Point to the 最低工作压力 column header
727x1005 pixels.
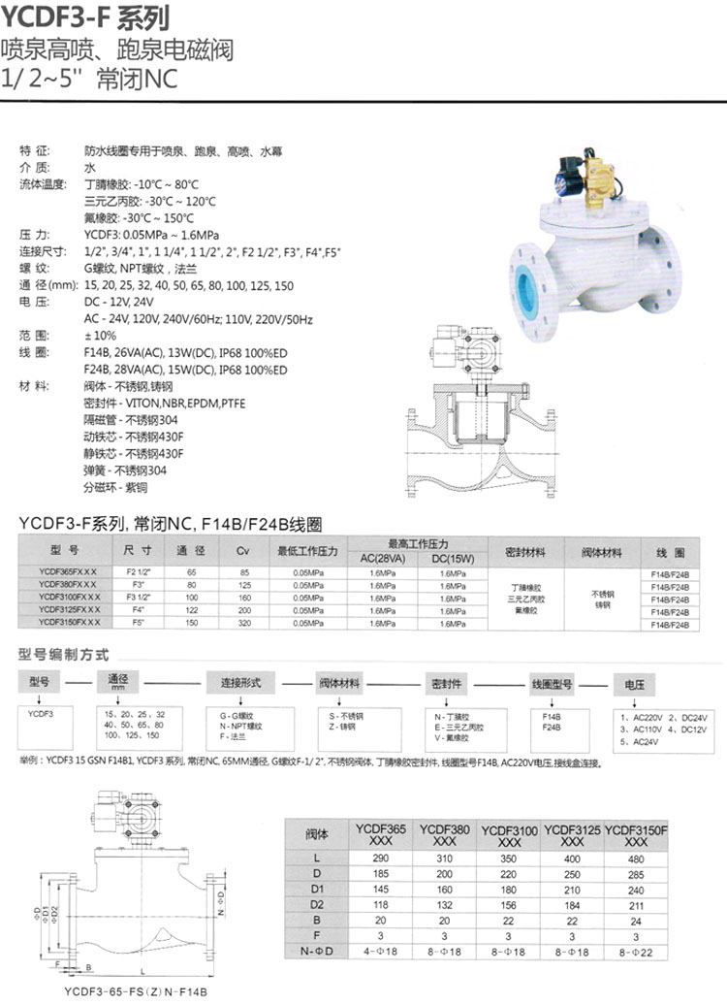[x=307, y=552]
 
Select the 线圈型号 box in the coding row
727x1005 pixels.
[x=554, y=683]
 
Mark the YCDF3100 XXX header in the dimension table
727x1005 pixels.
[x=509, y=835]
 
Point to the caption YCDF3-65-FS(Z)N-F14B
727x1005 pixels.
[x=136, y=991]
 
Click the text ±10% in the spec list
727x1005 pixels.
[x=100, y=335]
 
